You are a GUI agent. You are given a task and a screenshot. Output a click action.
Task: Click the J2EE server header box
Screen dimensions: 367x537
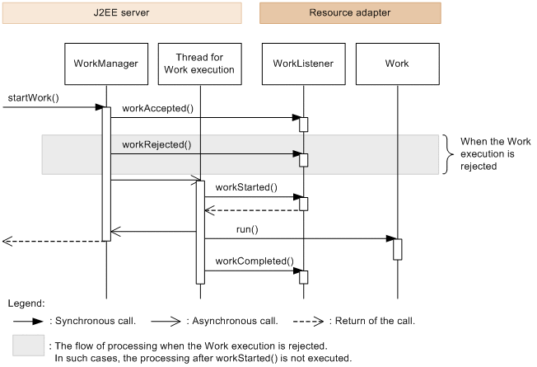coord(121,13)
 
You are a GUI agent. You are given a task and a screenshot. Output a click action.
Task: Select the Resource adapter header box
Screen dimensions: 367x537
coord(350,13)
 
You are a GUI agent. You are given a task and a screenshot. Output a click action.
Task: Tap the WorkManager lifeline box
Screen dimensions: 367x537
coord(105,64)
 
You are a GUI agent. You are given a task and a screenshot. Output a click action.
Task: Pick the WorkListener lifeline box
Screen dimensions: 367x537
coord(303,64)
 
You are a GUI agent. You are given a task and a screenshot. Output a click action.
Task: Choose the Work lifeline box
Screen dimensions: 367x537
coord(397,64)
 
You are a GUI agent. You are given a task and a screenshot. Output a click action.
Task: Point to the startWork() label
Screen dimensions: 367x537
coord(32,99)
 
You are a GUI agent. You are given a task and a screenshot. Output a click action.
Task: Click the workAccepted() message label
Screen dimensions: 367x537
coord(156,108)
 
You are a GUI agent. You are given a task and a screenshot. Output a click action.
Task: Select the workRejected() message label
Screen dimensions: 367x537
coord(156,144)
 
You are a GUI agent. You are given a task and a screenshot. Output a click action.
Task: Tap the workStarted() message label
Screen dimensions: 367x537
coord(246,187)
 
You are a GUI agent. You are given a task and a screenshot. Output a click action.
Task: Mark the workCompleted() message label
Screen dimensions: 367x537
coord(254,261)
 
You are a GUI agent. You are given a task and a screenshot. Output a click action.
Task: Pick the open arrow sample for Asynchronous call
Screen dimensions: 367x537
coord(162,320)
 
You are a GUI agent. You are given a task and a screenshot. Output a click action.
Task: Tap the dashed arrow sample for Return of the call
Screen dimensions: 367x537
coord(301,320)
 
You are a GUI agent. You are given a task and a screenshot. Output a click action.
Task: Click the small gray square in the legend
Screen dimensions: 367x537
coord(28,346)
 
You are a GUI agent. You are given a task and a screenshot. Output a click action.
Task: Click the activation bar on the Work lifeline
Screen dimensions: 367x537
coord(397,248)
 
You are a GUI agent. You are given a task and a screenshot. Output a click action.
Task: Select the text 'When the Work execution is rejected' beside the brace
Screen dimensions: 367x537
coord(495,154)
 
